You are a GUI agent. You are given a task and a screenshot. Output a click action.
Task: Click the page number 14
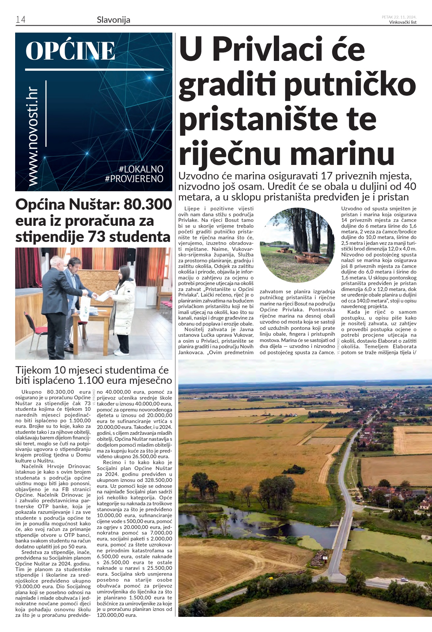20,20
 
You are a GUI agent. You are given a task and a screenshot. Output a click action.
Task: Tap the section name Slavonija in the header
113,20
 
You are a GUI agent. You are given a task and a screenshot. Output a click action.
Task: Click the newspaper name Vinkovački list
403,22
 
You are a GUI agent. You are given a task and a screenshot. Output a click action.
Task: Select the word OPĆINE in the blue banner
70,51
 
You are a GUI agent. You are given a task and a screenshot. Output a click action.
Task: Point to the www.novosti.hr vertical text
33,137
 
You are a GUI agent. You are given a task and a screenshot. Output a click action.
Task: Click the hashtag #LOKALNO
141,169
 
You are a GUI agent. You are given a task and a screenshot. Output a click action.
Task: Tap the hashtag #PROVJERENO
134,179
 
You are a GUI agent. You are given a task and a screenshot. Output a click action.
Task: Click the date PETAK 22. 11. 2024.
399,17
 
